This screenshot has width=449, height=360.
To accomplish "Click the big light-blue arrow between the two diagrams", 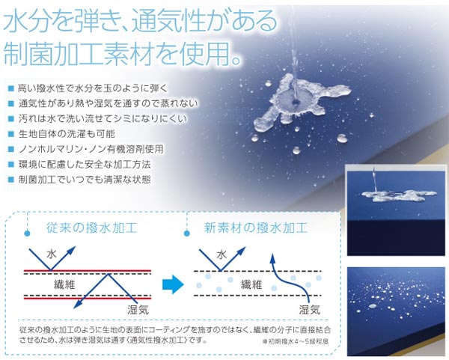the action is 173,284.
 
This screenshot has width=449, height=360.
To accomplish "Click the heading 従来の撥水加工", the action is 92,228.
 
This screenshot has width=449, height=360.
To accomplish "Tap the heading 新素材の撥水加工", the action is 256,228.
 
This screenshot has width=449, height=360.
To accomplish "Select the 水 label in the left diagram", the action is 52,254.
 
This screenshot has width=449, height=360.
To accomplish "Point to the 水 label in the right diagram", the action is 222,254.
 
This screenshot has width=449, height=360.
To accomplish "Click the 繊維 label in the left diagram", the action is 64,284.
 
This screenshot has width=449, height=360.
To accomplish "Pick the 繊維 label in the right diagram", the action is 251,284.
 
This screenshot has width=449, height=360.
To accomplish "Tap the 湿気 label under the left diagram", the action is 138,309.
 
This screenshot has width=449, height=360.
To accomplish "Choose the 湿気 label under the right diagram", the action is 310,309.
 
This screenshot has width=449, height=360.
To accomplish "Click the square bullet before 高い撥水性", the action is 11,88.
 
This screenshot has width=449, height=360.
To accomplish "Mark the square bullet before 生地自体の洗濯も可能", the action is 11,134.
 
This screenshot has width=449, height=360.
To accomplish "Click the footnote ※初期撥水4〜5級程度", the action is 296,341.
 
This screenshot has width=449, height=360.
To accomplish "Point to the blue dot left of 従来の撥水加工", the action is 27,234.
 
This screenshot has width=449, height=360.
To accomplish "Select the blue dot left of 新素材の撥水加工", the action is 187,234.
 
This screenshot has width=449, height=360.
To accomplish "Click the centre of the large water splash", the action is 295,101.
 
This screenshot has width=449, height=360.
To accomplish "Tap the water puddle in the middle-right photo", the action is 399,195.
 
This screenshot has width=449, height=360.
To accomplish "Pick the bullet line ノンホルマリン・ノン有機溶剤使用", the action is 91,149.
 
